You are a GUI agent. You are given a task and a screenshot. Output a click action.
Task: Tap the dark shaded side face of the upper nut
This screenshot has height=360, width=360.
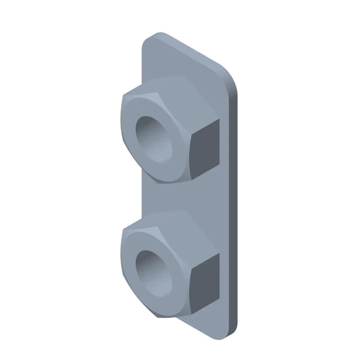[204, 148]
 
